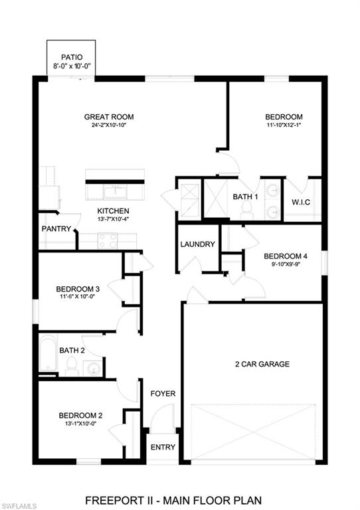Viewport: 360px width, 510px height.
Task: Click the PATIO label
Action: pyautogui.click(x=71, y=57)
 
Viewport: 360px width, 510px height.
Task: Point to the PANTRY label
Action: pyautogui.click(x=56, y=228)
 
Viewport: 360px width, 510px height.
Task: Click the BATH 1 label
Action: pyautogui.click(x=245, y=196)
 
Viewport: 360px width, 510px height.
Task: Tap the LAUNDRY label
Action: pyautogui.click(x=198, y=244)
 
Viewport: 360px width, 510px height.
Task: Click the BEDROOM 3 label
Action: pyautogui.click(x=78, y=289)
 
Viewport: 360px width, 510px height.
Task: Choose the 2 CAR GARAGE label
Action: pyautogui.click(x=262, y=364)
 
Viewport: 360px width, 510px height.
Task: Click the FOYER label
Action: pyautogui.click(x=163, y=394)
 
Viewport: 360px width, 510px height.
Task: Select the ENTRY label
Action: pyautogui.click(x=163, y=447)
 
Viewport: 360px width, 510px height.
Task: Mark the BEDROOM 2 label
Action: pyautogui.click(x=80, y=416)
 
